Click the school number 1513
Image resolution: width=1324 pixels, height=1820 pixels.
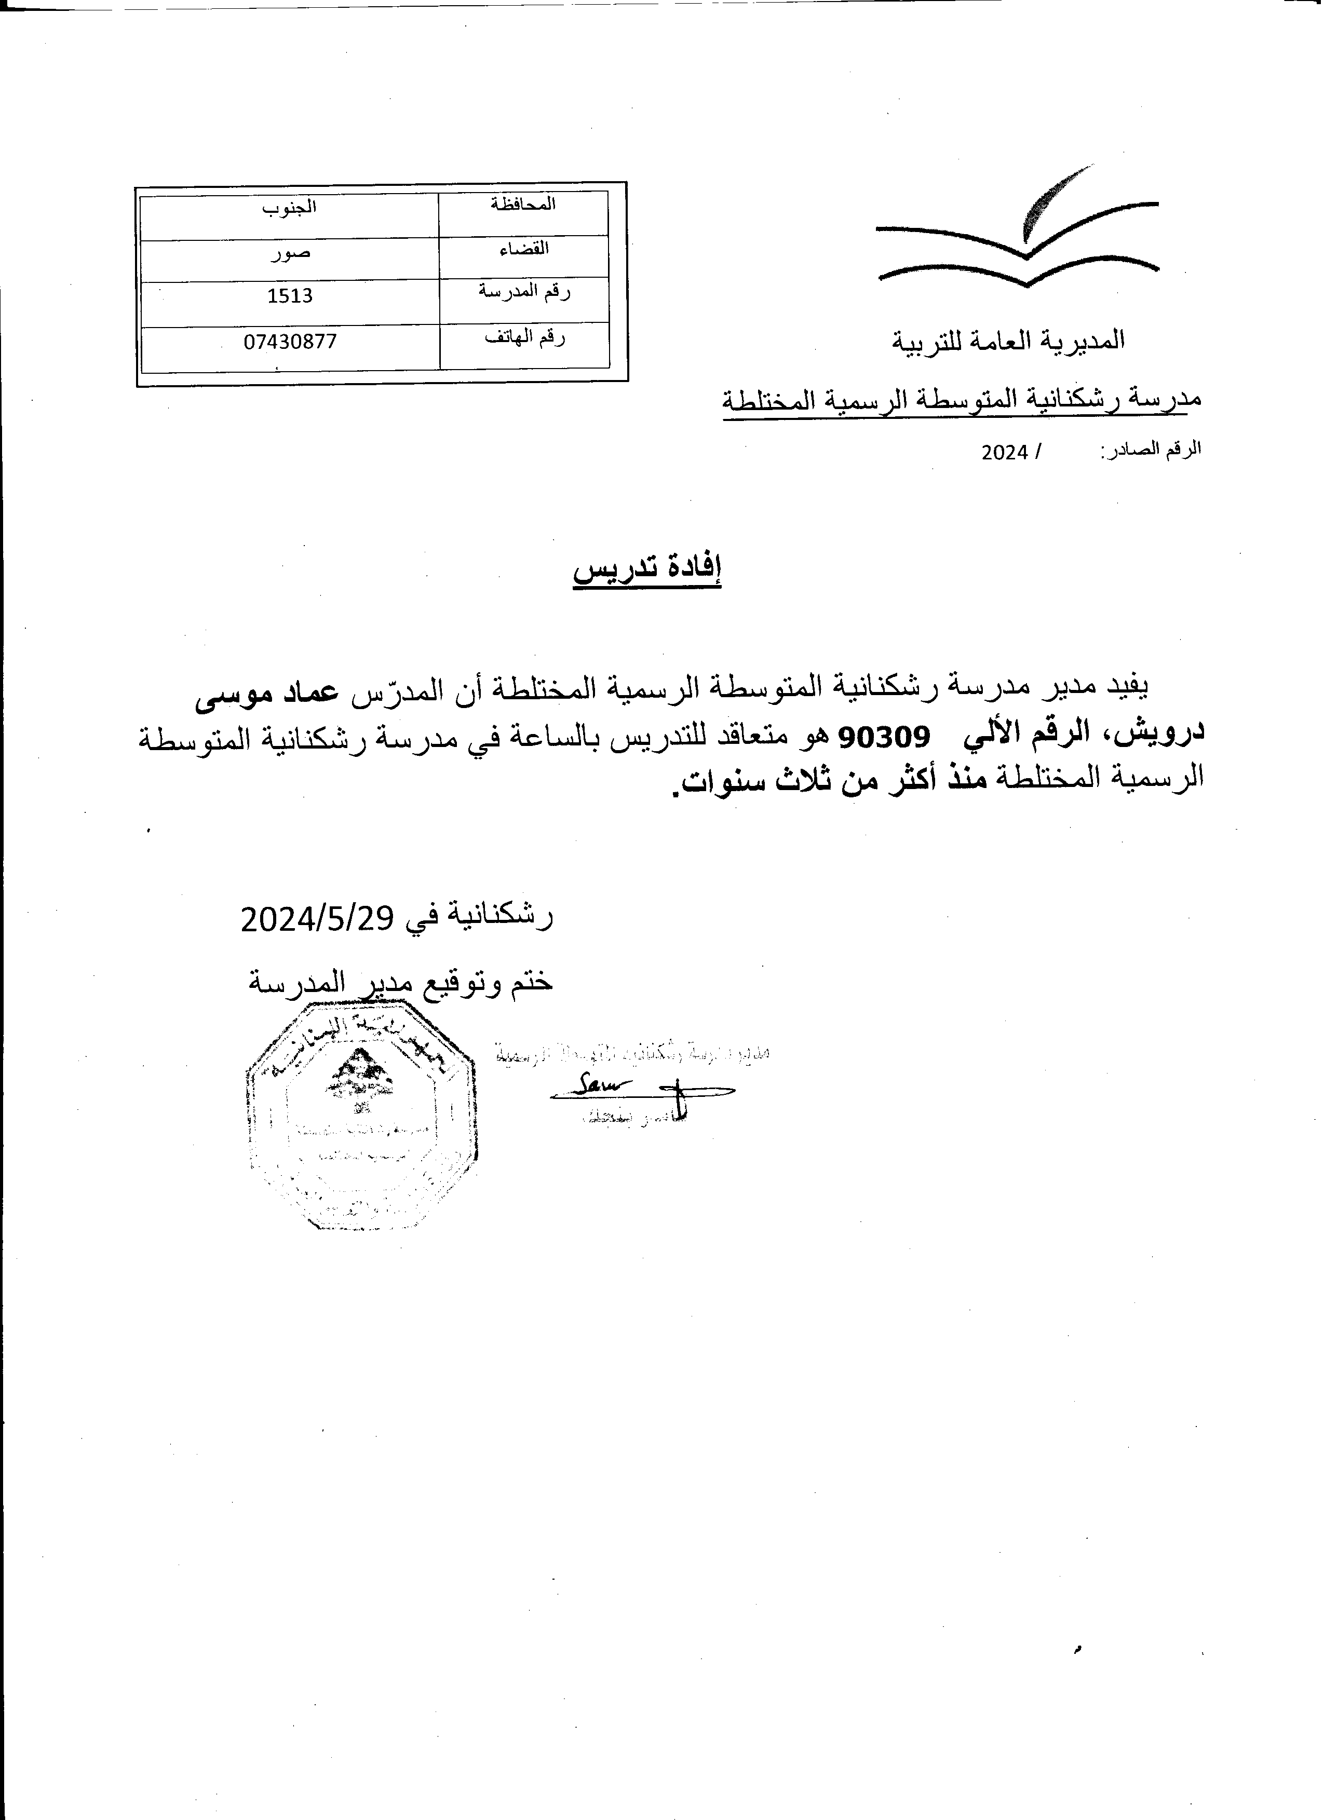pos(290,295)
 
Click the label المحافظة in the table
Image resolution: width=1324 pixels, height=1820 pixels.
pos(523,204)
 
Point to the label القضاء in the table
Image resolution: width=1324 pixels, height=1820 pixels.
pos(523,248)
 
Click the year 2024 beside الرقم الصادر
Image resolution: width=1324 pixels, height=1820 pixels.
pos(1005,453)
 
